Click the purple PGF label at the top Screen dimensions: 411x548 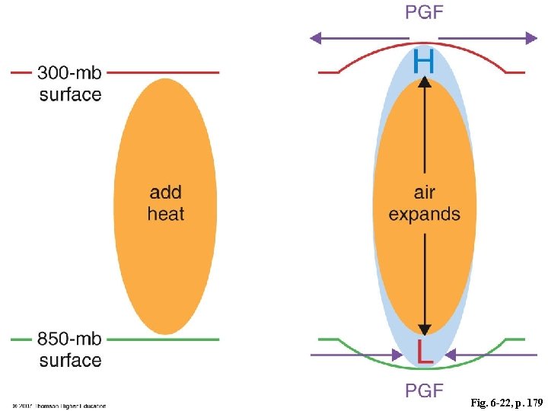pyautogui.click(x=425, y=13)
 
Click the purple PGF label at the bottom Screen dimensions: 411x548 pyautogui.click(x=425, y=391)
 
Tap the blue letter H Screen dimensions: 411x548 pyautogui.click(x=425, y=61)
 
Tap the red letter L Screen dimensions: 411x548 pyautogui.click(x=425, y=351)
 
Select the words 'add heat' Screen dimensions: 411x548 pyautogui.click(x=165, y=202)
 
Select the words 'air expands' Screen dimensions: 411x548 pyautogui.click(x=425, y=202)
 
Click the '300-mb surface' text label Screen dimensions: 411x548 pyautogui.click(x=70, y=83)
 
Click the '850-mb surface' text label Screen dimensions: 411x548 pyautogui.click(x=70, y=349)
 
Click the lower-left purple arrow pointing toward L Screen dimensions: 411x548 pyautogui.click(x=357, y=355)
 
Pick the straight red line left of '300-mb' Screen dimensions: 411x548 pyautogui.click(x=21, y=73)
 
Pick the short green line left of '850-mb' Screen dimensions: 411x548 pyautogui.click(x=21, y=339)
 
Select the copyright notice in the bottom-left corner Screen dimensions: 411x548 pyautogui.click(x=59, y=406)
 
